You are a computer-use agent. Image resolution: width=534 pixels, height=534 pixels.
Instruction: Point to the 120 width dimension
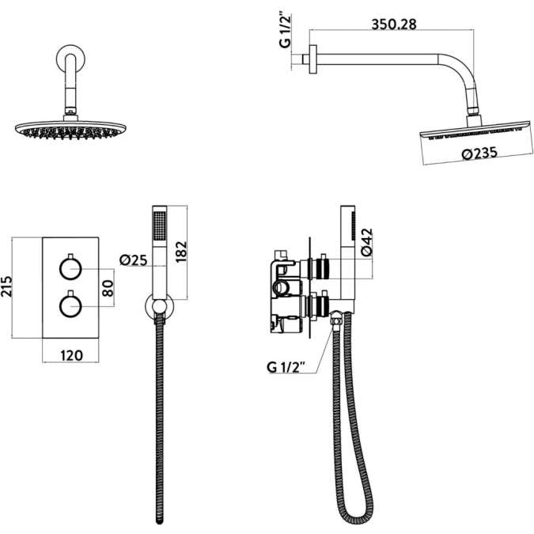click(x=72, y=355)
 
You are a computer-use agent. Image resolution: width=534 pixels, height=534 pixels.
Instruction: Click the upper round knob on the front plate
click(x=71, y=269)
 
